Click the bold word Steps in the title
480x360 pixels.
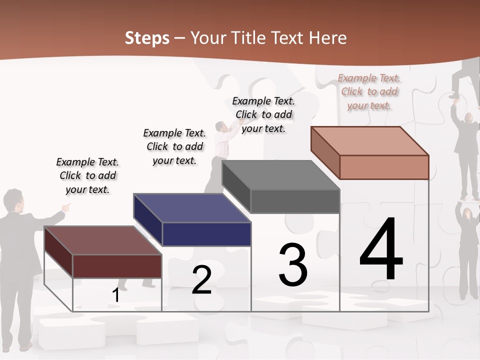147,38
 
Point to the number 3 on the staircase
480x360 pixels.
293,265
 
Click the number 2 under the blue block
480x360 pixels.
201,280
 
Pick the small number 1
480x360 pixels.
115,295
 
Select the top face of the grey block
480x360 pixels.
280,175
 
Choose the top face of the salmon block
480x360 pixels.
369,140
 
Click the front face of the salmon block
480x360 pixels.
384,167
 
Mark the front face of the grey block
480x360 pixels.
295,201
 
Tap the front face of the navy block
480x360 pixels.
206,234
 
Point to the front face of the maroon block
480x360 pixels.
117,266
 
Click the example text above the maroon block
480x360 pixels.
87,175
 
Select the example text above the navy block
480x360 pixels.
174,146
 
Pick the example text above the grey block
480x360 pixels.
263,114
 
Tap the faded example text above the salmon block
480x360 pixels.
369,91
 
